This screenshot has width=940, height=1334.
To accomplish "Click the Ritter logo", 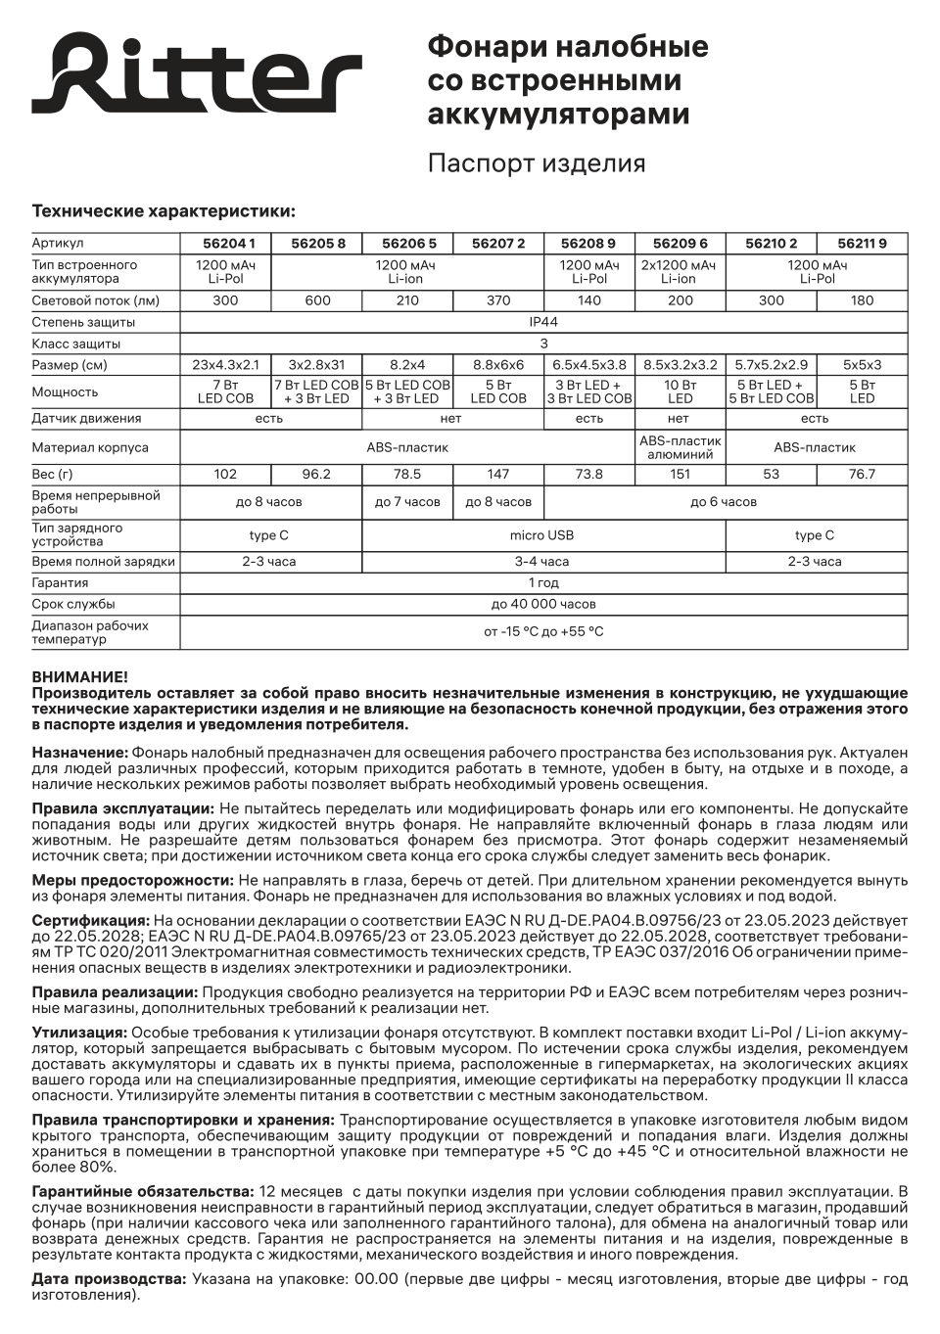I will tap(197, 74).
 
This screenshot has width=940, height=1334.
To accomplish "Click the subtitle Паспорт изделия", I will tap(536, 163).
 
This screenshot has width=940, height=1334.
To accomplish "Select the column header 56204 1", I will tap(225, 244).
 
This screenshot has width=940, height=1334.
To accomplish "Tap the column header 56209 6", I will tap(680, 244).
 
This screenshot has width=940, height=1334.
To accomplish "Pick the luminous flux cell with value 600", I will tap(317, 300).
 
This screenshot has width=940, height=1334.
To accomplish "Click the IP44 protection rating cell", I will tap(543, 322).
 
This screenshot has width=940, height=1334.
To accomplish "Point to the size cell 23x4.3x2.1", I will tap(225, 365).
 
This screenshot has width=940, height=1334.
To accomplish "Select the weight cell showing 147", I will tap(497, 474).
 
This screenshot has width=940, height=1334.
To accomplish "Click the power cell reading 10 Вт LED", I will tap(680, 391).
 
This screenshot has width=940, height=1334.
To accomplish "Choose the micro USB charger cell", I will tap(542, 535).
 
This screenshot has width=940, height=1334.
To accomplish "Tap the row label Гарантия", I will tap(60, 582).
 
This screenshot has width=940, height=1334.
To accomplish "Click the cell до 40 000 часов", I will tap(543, 604).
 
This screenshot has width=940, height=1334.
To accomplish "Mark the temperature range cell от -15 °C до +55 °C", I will tap(543, 631).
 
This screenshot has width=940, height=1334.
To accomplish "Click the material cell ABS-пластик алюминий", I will tap(680, 447).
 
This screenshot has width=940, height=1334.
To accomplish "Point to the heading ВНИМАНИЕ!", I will tap(79, 676).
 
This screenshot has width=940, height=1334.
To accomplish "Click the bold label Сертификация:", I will tap(91, 921).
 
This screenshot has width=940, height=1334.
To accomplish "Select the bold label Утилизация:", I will tap(79, 1033).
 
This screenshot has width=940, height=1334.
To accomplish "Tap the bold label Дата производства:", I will tap(109, 1279).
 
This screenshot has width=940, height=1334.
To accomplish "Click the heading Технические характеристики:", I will tap(164, 211).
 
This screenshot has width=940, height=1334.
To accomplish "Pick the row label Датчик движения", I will tap(86, 418).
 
